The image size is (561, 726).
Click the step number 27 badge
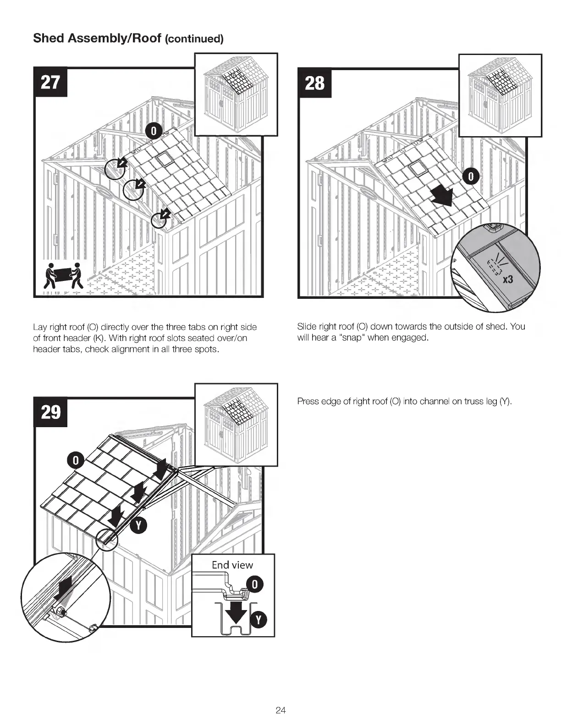tap(50, 82)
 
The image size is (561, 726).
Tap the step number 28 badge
tap(314, 83)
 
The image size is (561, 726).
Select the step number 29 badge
tap(50, 412)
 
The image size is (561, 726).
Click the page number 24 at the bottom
tap(280, 710)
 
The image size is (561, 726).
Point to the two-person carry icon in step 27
tap(64, 275)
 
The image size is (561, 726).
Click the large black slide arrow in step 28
tap(443, 197)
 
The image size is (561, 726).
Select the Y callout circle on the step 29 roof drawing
tap(138, 527)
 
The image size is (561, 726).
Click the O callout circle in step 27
tap(154, 131)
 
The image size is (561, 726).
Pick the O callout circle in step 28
tap(471, 176)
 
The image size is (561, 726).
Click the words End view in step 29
tap(232, 565)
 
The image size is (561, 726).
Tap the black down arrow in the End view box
tap(237, 612)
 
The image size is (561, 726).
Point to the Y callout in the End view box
tap(258, 620)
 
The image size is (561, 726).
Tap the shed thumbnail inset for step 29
tap(236, 424)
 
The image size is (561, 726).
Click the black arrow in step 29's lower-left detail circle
tap(63, 588)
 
